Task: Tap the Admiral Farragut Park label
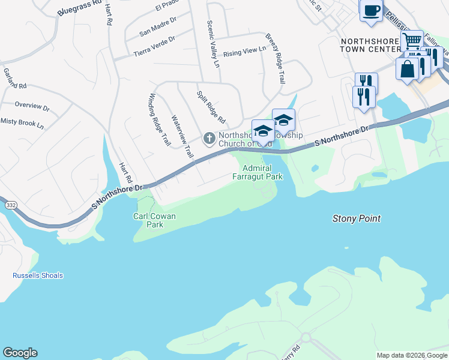click(258, 172)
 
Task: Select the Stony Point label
click(356, 219)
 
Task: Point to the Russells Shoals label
click(38, 276)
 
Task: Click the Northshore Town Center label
click(370, 45)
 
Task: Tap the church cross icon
click(209, 139)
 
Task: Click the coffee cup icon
click(371, 10)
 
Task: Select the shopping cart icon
click(412, 41)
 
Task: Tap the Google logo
click(20, 353)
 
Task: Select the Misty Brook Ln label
click(22, 124)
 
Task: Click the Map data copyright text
click(412, 355)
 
